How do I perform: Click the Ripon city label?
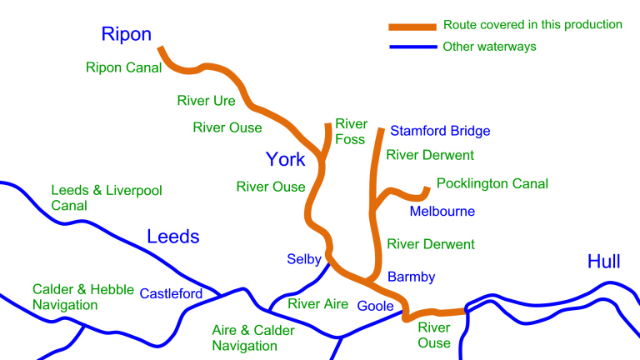point(127,34)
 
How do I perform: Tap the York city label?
point(285,159)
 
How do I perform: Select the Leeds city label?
point(173,237)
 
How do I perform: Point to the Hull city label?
point(603,262)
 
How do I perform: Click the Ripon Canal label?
point(123,67)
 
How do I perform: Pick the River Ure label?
point(206,101)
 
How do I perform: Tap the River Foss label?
point(351,132)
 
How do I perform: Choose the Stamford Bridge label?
point(440,131)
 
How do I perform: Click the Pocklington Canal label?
point(492,184)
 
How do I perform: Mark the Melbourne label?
point(442,212)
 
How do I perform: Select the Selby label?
point(304,259)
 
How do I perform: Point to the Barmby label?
point(412,277)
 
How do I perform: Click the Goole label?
point(375,305)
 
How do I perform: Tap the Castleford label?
point(171,293)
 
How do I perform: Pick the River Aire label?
point(317,304)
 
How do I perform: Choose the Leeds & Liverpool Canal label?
point(106,197)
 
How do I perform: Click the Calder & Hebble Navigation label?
point(82,297)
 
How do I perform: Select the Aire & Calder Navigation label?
point(253,337)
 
